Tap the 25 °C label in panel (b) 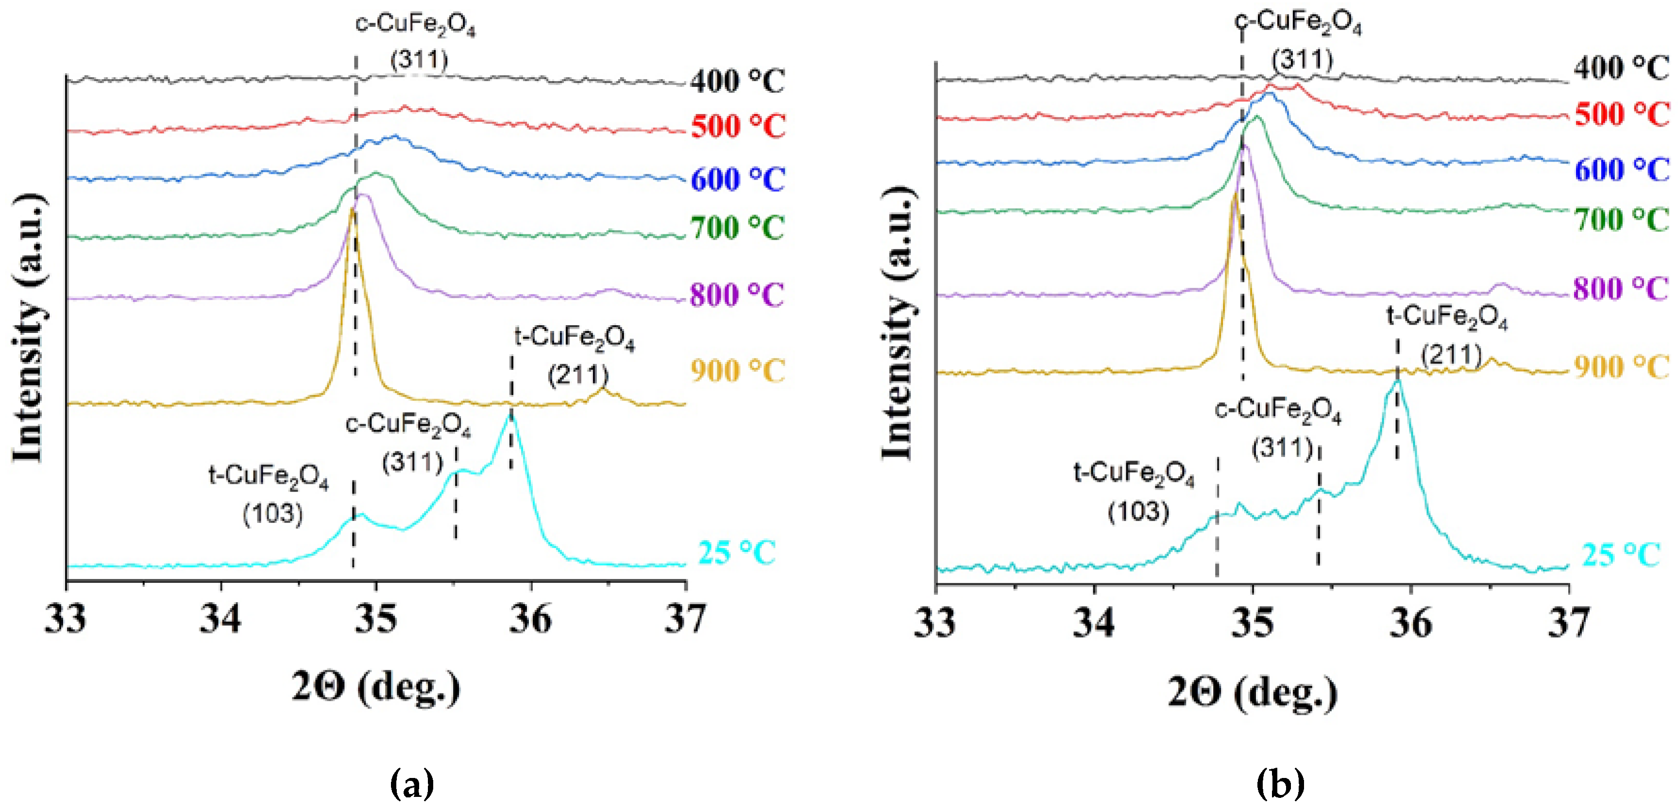pos(1621,555)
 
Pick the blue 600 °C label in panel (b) pos(1621,170)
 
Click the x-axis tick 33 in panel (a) pos(66,619)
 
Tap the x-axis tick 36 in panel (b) pos(1410,622)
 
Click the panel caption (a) pos(412,783)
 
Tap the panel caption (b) pos(1280,783)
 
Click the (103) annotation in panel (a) pos(273,514)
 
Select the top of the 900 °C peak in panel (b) pos(1234,195)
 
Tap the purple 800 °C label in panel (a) pos(737,296)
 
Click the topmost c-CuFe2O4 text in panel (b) pos(1298,23)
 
